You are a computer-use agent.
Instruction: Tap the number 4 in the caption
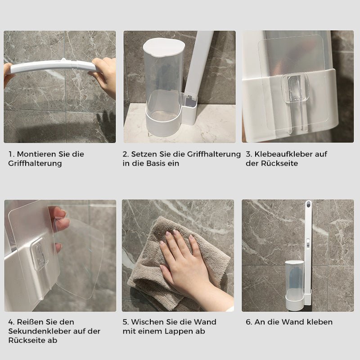coord(10,322)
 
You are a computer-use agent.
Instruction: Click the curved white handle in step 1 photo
coord(52,67)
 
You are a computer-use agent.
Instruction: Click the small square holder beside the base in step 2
coord(189,110)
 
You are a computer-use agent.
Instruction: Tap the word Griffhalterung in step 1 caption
coord(35,163)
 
